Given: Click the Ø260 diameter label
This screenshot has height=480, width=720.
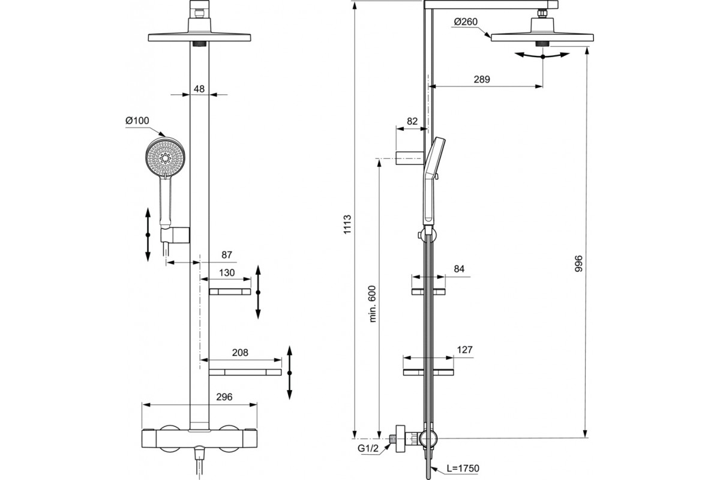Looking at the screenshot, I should [x=466, y=22].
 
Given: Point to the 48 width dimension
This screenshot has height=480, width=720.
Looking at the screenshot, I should [x=199, y=89].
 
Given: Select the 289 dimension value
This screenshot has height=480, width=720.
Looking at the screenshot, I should [x=481, y=79].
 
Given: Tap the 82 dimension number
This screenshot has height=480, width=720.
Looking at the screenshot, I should [x=412, y=121].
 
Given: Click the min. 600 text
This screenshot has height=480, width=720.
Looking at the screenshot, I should [x=372, y=304].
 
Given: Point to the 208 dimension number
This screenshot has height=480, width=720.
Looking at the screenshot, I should [x=239, y=352].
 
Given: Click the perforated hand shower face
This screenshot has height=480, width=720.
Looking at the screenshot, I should [x=166, y=157].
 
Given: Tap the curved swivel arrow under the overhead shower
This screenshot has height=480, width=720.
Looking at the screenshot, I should [x=542, y=55].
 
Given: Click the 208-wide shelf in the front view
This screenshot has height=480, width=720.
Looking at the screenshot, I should [x=245, y=372].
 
